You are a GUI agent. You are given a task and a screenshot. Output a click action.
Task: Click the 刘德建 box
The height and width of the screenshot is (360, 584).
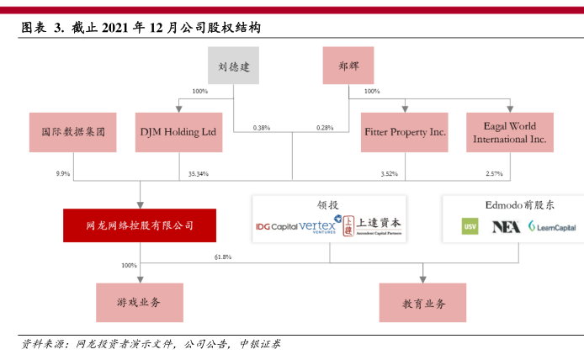click(x=234, y=64)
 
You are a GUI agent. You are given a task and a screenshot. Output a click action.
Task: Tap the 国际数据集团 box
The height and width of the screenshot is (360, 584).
click(x=72, y=132)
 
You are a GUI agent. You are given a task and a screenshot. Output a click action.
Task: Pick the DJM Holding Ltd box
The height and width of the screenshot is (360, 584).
click(x=178, y=132)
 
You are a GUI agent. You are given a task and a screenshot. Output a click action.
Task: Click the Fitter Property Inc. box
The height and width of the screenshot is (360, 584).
click(x=405, y=132)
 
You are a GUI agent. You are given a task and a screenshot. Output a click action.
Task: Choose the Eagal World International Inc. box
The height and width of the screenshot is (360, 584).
click(x=510, y=132)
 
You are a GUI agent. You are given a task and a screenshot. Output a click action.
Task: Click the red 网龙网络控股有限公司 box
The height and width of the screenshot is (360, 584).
click(x=140, y=225)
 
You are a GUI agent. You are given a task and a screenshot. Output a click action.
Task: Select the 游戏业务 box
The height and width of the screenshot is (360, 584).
click(x=140, y=302)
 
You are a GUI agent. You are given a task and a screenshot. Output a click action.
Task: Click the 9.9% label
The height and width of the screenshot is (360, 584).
click(x=62, y=173)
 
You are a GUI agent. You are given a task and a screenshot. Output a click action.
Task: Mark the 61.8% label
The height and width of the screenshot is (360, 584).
click(x=223, y=257)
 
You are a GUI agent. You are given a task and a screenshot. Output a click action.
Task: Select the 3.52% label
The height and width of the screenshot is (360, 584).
click(x=388, y=173)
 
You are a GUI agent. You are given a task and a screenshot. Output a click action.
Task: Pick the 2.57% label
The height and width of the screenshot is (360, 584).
click(x=494, y=173)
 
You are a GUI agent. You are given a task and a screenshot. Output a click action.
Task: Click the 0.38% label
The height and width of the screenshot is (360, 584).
click(x=262, y=128)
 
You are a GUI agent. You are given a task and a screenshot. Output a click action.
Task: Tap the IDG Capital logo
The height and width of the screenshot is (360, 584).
click(x=276, y=226)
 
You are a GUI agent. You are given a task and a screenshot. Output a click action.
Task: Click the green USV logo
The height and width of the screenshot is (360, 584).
click(x=470, y=226)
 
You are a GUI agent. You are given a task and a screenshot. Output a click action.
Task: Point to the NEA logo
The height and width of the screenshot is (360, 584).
click(x=506, y=226)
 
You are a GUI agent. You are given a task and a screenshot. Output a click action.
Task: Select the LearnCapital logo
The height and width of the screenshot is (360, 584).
click(x=550, y=226)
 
